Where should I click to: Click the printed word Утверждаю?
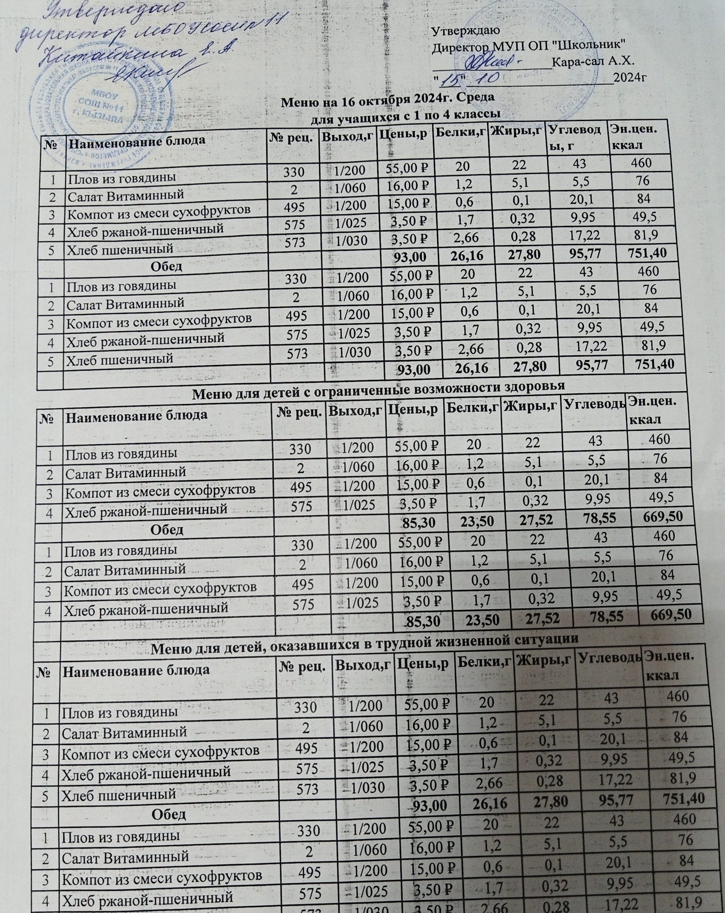coord(465,31)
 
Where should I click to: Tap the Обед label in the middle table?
coord(168,530)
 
